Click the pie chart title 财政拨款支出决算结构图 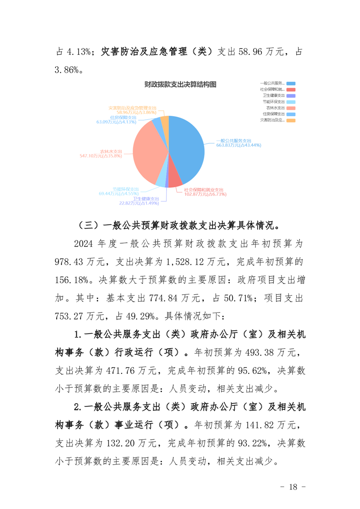[180, 84]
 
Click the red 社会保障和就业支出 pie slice [174, 181]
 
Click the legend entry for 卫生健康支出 [272, 96]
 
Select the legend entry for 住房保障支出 [272, 114]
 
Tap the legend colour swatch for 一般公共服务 [291, 83]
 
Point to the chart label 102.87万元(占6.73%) [205, 194]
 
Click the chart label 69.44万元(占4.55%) [119, 194]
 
